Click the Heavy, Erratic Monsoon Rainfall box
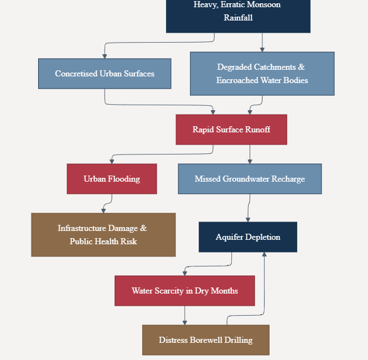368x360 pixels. coord(238,16)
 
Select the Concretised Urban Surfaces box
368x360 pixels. coord(105,74)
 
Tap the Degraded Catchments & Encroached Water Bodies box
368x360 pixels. coord(262,74)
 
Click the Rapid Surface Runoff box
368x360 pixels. coord(231,130)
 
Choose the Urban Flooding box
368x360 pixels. coord(112,179)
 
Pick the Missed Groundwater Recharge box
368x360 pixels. coord(250,179)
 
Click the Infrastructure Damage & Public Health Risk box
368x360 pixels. coord(103,235)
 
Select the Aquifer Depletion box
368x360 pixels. coord(248,237)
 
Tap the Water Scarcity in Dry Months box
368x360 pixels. coord(185,291)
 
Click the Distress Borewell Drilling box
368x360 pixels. coord(206,340)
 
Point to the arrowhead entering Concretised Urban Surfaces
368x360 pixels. coord(105,56)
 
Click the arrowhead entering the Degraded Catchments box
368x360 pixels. coord(262,50)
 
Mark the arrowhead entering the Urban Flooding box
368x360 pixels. coord(112,162)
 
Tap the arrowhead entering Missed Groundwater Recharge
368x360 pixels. coord(250,162)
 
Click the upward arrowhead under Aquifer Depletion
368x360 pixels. coord(265,254)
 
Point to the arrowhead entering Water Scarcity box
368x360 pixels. coord(185,274)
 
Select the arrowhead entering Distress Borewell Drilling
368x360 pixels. coord(185,323)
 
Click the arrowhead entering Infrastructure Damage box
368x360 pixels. coord(103,211)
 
